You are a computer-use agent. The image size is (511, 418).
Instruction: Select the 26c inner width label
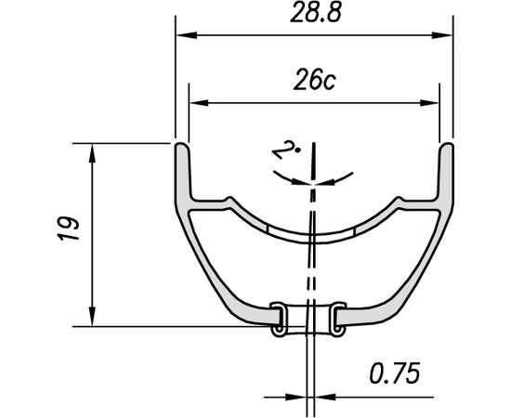(313, 83)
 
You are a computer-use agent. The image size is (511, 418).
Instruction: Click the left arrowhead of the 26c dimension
(196, 103)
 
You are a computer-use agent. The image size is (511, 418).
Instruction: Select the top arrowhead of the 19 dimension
(92, 151)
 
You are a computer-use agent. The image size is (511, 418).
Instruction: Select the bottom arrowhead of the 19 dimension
(92, 318)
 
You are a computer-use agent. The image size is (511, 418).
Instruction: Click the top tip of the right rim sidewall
(448, 146)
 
